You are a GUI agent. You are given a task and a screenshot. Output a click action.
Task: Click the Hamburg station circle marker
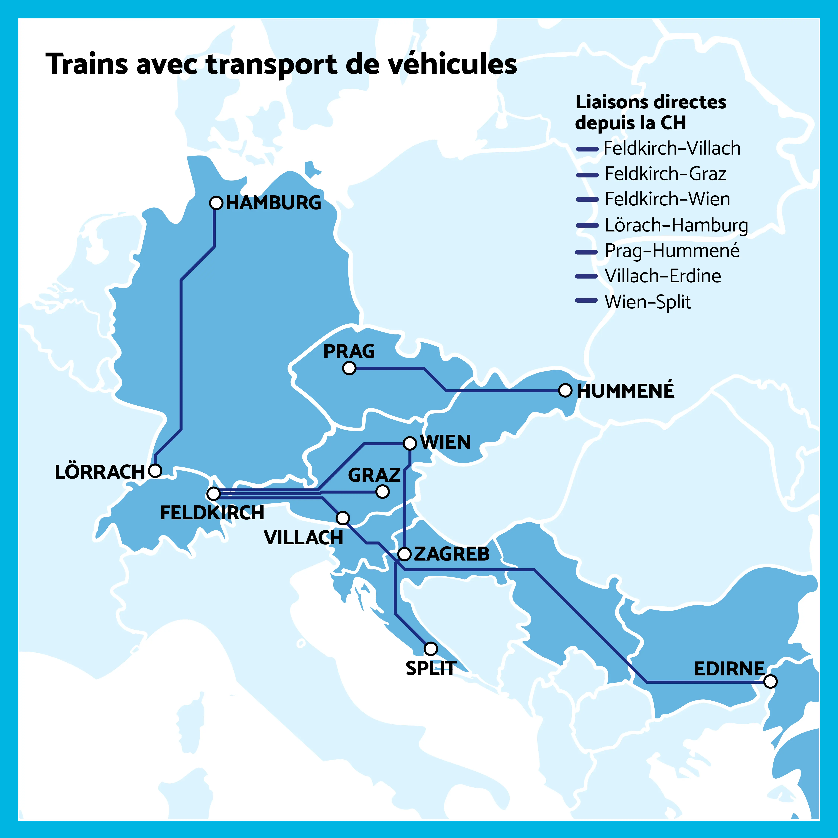[216, 203]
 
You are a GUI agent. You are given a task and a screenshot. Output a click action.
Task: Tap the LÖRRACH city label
[99, 472]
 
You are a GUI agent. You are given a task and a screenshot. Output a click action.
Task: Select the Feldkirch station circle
[213, 494]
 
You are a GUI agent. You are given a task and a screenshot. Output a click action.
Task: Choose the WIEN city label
[445, 442]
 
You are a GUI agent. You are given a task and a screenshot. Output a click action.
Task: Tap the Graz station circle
[382, 491]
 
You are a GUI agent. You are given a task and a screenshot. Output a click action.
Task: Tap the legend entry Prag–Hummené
[672, 251]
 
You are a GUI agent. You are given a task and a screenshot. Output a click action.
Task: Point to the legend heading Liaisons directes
[651, 102]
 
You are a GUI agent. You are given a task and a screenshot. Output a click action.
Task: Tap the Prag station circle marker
[349, 368]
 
